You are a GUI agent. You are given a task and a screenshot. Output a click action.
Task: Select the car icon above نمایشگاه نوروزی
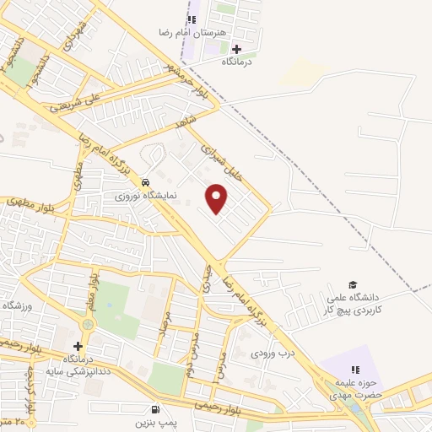146,181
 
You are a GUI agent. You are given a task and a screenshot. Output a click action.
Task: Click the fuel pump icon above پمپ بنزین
155,409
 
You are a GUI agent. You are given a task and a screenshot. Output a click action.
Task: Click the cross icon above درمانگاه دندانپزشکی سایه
78,346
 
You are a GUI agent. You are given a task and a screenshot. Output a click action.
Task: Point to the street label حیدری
204,278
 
